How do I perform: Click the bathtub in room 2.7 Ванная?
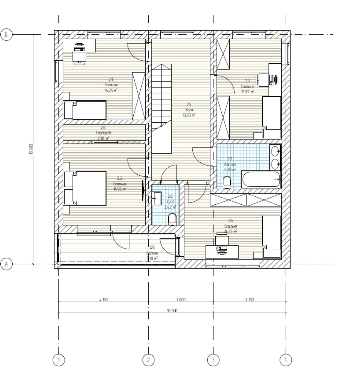coord(261,179)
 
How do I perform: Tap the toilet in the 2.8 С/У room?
coord(172,219)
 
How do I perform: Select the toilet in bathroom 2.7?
coord(227,182)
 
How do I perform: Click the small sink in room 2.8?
coord(157,198)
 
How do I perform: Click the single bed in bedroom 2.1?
coord(85,110)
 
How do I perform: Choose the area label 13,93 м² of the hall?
coord(189,115)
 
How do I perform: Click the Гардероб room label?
coord(103,133)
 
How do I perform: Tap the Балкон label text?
coord(152,253)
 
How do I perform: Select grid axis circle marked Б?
coord(6,35)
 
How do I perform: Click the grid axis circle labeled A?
coord(6,264)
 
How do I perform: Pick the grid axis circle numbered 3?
coord(213,360)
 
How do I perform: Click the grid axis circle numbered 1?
coord(59,360)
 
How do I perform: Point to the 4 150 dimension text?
coord(103,300)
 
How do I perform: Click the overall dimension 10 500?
coord(172,311)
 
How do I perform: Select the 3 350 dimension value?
coord(250,300)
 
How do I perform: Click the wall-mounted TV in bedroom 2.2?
coord(142,190)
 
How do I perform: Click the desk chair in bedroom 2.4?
coord(221,239)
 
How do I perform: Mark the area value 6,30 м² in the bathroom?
coord(230,170)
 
